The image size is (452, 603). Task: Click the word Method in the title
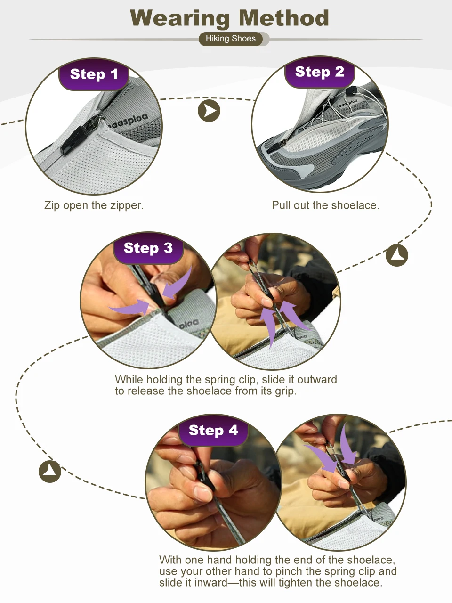tap(284, 18)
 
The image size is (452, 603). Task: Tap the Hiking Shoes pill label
tap(231, 39)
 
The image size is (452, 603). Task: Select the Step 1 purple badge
tap(94, 74)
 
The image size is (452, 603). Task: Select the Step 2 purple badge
tap(320, 72)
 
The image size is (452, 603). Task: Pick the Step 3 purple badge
tap(148, 248)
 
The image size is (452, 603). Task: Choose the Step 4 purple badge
tap(213, 430)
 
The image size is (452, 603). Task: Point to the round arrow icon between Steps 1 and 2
tap(209, 111)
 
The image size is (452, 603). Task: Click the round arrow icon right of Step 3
tap(397, 255)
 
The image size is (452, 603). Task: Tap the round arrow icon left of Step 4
tap(50, 472)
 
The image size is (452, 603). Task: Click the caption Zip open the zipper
tap(94, 205)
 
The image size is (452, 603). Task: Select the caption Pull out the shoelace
tap(325, 205)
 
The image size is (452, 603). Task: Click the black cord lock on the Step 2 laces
tap(351, 90)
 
